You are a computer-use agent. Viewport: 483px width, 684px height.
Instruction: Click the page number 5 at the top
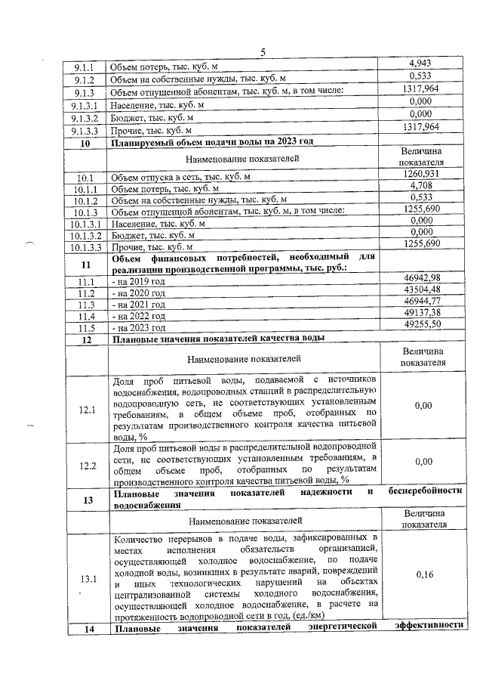pos(263,52)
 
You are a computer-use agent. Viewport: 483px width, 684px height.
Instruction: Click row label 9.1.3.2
pos(85,117)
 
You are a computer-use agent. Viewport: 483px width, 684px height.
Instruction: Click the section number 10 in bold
pos(85,141)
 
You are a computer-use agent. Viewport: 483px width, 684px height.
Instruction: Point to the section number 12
pos(86,339)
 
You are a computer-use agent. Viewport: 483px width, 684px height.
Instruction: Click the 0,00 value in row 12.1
pos(423,406)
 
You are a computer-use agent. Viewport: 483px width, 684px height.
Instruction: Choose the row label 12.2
pos(86,465)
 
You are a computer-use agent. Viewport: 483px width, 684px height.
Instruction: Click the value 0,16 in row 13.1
pos(423,574)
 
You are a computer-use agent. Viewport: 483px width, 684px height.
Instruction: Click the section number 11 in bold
pos(86,265)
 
